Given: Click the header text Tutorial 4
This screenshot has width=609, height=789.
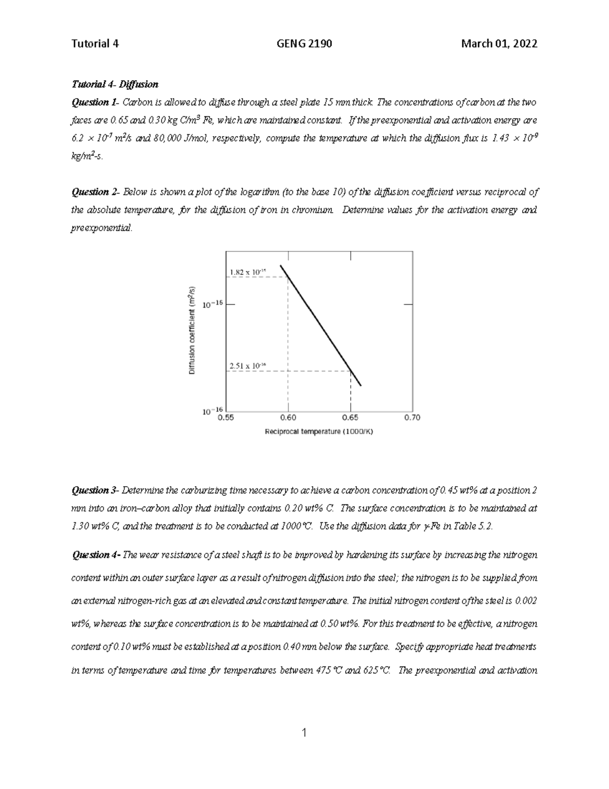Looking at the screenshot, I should point(95,44).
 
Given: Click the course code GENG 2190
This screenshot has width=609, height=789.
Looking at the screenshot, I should point(304,44).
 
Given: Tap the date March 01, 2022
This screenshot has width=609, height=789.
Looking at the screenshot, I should point(499,44).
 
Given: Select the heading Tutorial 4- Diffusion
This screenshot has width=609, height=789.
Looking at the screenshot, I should point(115,84).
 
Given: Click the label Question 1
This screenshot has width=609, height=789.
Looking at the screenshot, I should point(94,103).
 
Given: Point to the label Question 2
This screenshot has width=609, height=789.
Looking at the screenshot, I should point(95,192).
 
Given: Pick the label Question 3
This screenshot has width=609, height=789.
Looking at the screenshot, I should point(95,490).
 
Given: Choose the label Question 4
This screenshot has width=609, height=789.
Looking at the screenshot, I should point(96,555).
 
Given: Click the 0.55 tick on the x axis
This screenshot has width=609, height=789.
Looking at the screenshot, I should point(226,418).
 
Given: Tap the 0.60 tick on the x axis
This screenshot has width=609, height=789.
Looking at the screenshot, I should point(288,418).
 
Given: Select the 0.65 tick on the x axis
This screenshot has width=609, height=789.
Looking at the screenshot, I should point(350,418).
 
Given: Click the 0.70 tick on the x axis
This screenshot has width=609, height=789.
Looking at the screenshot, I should point(412,418).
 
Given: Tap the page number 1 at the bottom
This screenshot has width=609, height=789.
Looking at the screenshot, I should point(304,732).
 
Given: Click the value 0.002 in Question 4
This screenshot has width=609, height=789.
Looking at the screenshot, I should point(526,601).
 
